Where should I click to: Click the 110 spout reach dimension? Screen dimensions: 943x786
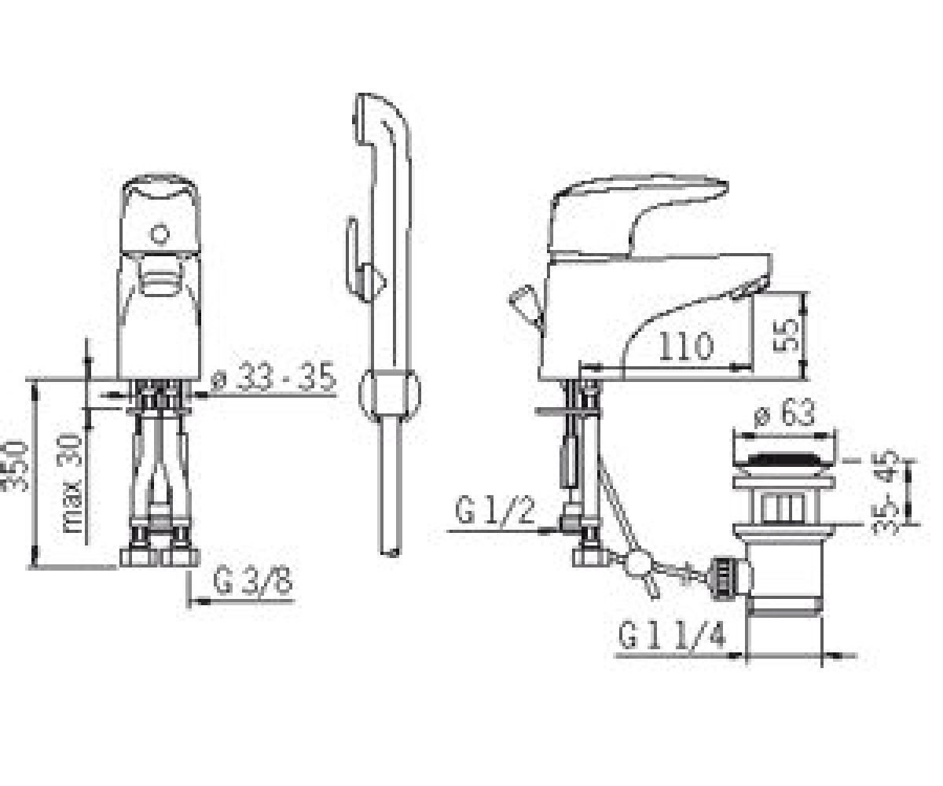687,346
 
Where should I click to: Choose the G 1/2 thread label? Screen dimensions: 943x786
495,509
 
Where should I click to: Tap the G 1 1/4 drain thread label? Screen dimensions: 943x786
672,634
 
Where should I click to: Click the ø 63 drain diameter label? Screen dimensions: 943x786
785,412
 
